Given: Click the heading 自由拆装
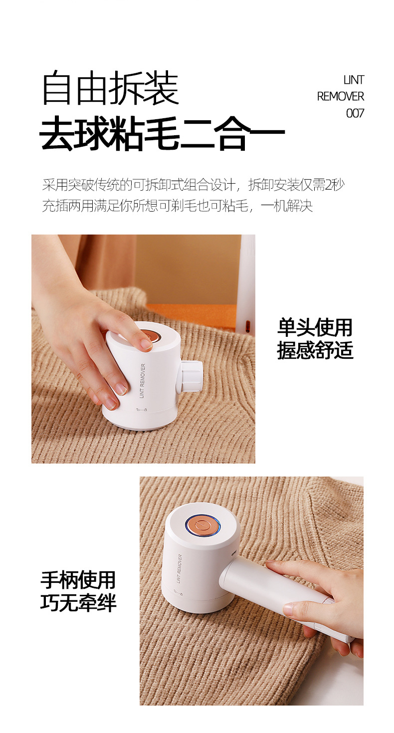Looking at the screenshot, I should point(110,88).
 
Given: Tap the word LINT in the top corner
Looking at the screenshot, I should point(354,80).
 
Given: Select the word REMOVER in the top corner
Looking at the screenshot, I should point(341,96).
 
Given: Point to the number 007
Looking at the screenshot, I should point(355,113).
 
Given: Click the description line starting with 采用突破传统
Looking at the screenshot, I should point(193,185).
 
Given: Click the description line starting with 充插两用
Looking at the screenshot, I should point(177,206).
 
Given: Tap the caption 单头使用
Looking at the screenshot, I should point(315,328).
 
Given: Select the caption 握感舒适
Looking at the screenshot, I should point(315,350).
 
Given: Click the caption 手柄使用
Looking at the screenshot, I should point(78,580).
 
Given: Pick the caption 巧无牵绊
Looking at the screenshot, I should point(78,603).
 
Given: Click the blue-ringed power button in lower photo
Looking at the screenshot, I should point(201,525).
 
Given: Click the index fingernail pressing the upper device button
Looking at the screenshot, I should point(146,344).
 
